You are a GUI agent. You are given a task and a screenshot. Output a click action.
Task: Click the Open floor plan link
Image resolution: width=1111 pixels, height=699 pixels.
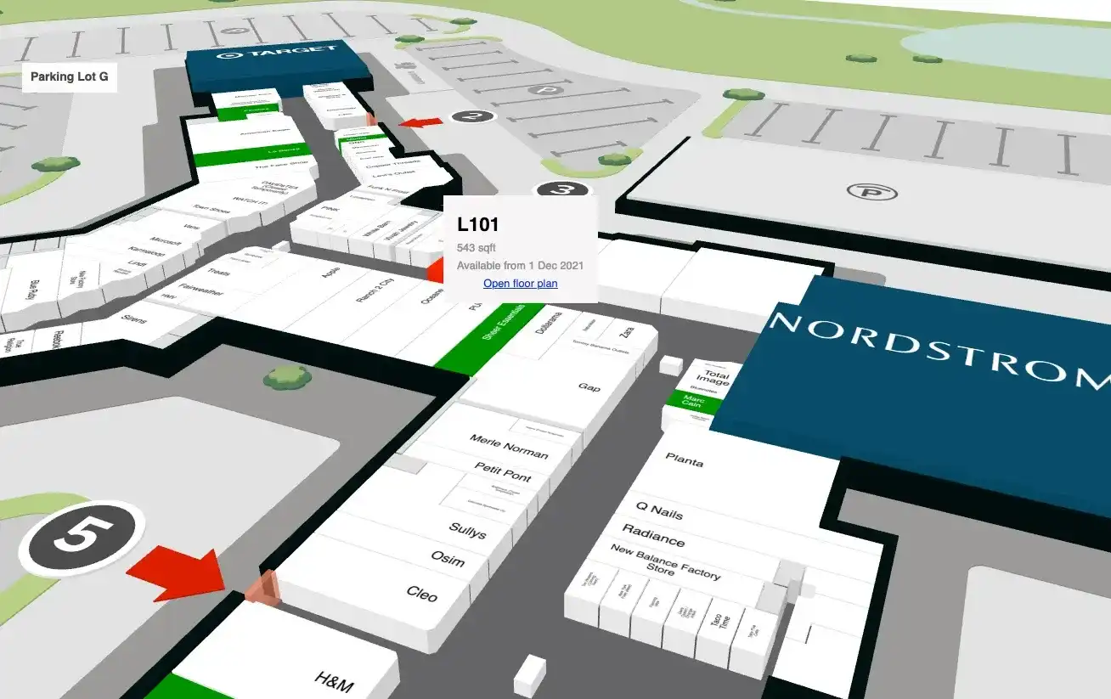[520, 284]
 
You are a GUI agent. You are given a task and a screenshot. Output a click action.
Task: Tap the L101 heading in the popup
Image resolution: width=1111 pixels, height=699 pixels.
[477, 225]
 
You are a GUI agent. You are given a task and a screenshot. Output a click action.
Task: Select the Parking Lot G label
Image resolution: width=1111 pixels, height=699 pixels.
[70, 77]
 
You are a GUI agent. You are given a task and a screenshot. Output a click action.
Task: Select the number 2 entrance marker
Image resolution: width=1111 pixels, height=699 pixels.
[473, 116]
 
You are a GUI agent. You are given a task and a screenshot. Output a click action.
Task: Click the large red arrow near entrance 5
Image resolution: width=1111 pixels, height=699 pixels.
[179, 573]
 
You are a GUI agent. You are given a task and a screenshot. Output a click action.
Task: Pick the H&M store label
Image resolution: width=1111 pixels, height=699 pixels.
[334, 681]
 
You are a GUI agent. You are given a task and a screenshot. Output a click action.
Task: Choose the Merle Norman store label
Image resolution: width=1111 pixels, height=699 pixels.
[509, 446]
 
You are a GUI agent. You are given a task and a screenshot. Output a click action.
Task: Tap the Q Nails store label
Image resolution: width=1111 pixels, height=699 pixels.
[659, 510]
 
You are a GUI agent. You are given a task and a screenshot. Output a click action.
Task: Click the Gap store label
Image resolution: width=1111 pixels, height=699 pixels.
[589, 387]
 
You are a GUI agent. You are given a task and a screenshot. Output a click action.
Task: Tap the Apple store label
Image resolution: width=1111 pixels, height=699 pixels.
[331, 273]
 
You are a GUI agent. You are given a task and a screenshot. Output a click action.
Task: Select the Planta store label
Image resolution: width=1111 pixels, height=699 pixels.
[684, 461]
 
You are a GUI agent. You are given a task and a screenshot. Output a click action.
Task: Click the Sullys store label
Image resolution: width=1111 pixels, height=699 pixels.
[467, 532]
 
